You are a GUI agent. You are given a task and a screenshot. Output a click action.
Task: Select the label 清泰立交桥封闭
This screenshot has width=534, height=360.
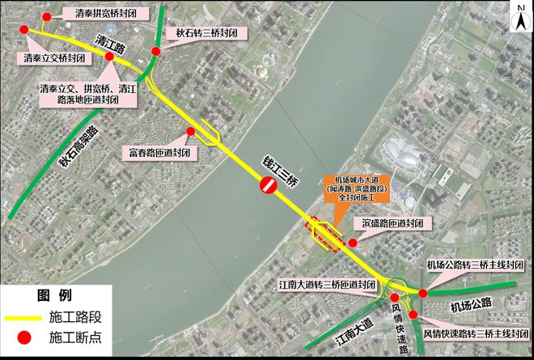click(x=54, y=58)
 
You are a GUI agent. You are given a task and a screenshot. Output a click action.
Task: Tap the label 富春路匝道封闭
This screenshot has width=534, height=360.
click(x=159, y=151)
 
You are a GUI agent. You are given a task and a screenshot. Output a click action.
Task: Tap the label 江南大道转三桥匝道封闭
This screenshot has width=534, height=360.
click(x=327, y=285)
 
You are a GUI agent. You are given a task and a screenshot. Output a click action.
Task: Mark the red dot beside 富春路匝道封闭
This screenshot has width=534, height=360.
click(x=191, y=132)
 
